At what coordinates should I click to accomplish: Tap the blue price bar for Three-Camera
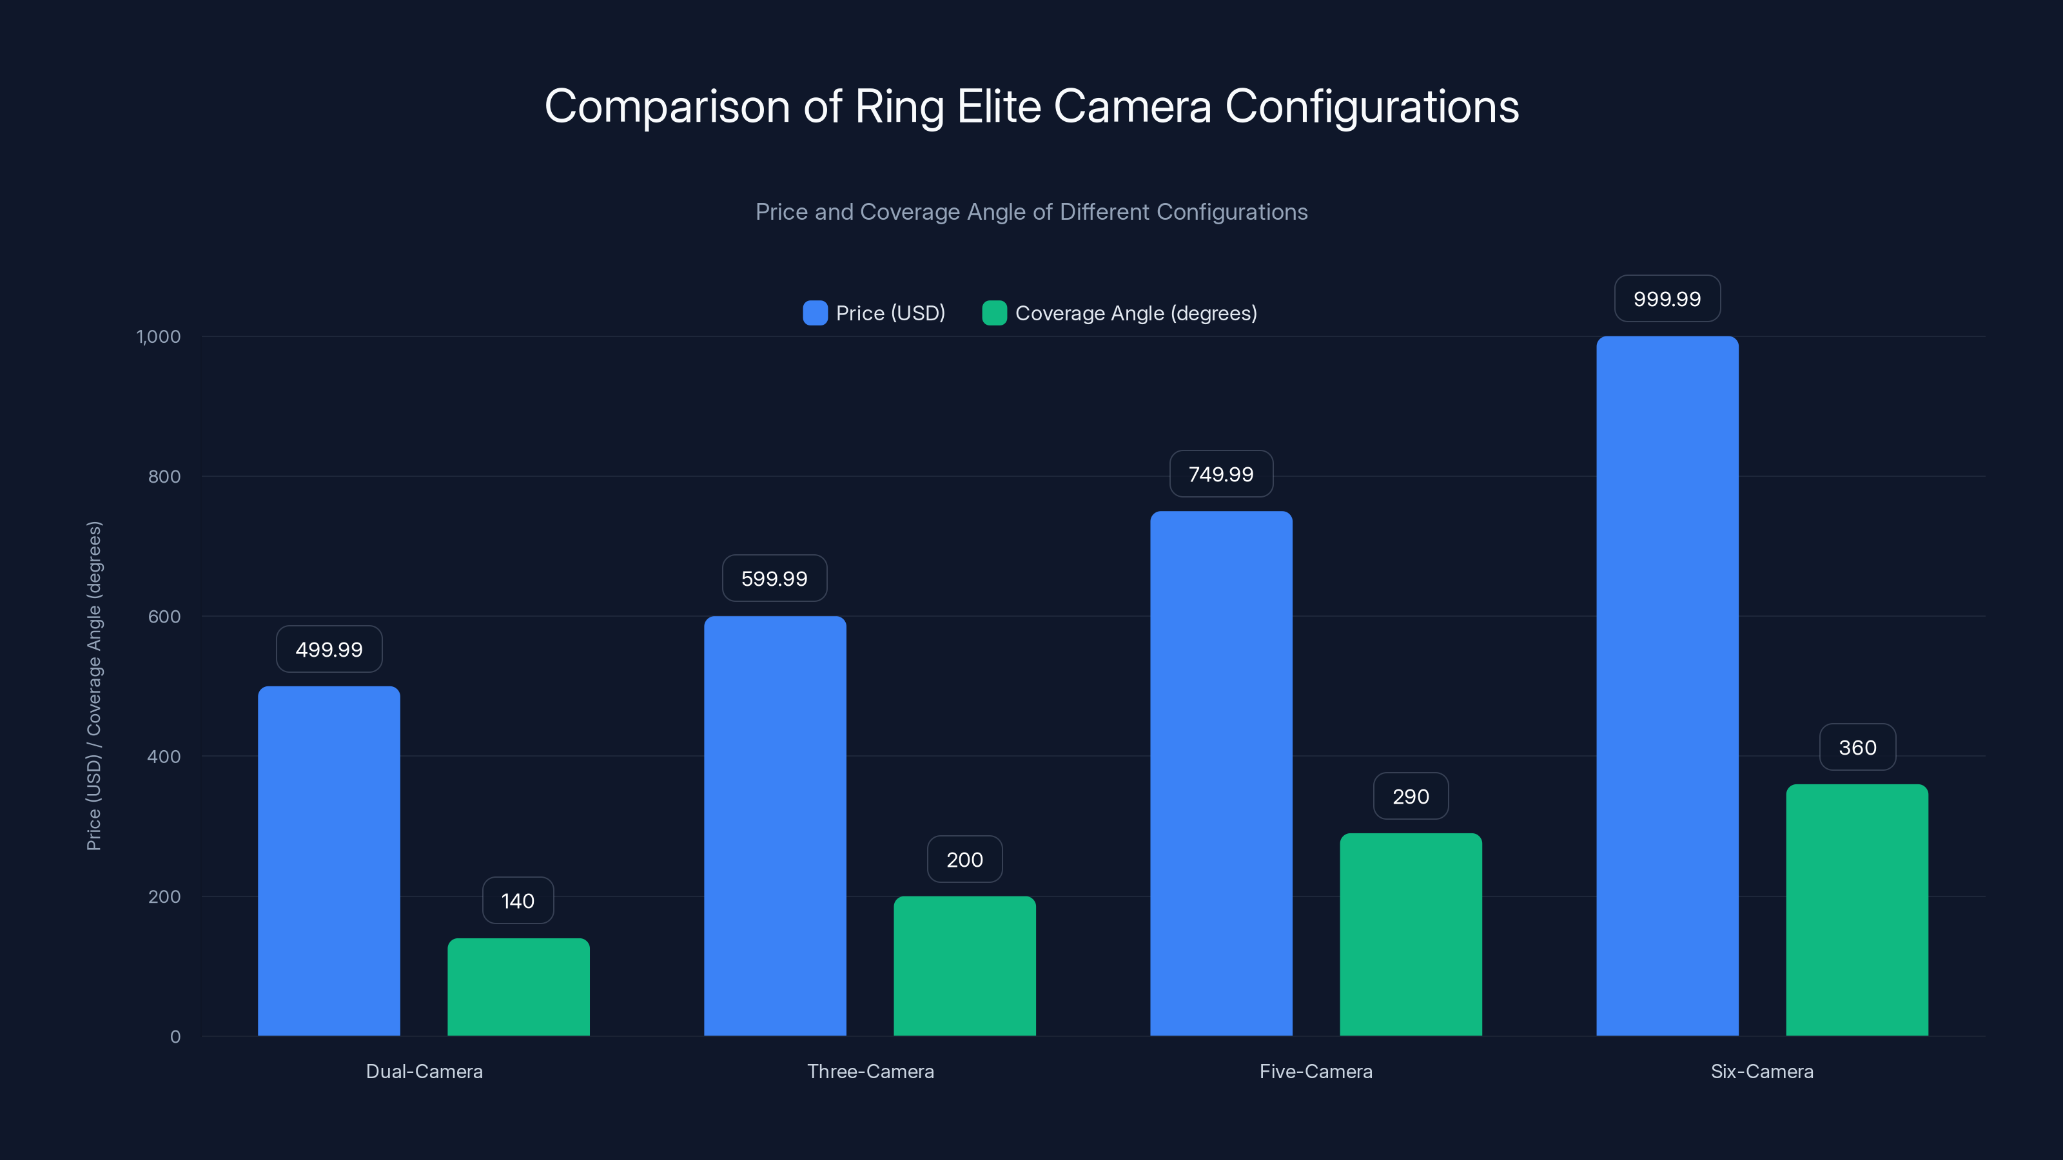coord(774,826)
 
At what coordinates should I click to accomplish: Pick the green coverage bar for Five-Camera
coord(1411,934)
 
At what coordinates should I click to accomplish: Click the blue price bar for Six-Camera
coord(1667,686)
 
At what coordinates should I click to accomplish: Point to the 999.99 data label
coord(1667,298)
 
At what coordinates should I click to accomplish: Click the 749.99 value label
coord(1220,474)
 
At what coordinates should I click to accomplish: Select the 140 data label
coord(517,901)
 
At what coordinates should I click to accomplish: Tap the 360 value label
coord(1857,747)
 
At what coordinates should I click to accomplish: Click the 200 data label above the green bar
coord(964,859)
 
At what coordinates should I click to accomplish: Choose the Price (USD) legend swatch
coord(814,313)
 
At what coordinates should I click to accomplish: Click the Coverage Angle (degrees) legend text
coord(1135,313)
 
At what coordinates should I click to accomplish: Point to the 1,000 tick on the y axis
coord(159,336)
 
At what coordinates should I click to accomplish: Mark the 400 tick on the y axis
coord(164,757)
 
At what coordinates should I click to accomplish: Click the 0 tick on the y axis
coord(175,1037)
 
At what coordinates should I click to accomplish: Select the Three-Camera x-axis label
coord(870,1071)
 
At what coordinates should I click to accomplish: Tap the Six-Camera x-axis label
coord(1762,1071)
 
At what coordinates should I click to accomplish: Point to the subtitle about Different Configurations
coord(1031,211)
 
